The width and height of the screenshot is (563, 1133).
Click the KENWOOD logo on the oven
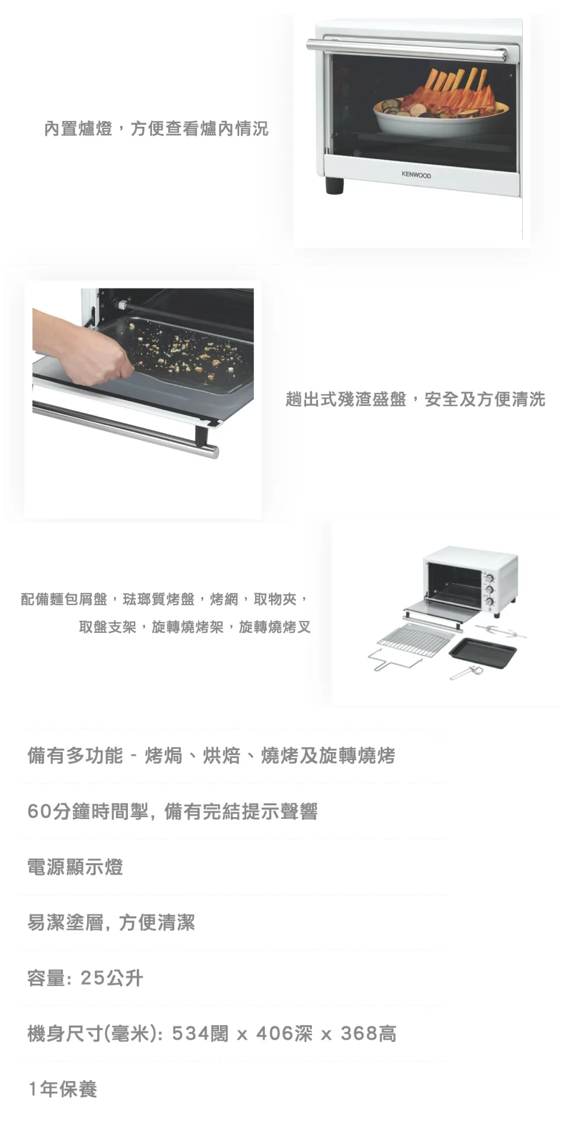click(416, 175)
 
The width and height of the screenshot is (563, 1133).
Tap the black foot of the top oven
click(334, 185)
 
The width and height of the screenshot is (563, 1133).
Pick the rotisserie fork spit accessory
click(500, 630)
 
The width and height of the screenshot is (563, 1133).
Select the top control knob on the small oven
click(490, 575)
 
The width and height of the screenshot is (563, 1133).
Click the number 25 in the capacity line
click(92, 978)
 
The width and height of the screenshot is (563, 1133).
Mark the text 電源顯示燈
click(75, 867)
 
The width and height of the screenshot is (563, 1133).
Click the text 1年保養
click(63, 1089)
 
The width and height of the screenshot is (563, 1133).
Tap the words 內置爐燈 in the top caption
click(78, 128)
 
